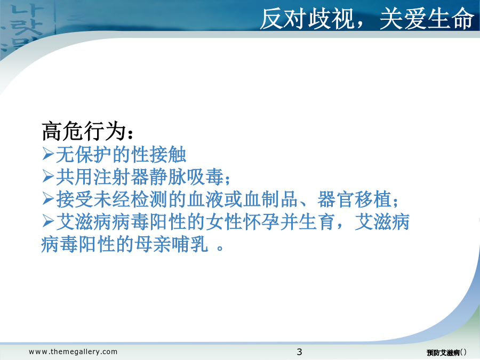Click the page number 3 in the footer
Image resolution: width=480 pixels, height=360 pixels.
299,352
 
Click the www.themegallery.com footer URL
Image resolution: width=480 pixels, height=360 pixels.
73,352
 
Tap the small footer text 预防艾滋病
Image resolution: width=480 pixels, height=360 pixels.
443,353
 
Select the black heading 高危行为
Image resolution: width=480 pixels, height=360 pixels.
84,131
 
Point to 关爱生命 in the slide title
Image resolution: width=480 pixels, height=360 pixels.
427,19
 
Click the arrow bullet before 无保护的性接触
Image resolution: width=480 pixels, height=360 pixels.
48,154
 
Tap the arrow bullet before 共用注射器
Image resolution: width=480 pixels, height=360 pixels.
48,177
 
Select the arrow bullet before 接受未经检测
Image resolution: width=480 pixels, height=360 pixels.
48,199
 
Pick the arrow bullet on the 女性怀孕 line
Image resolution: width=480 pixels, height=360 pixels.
48,221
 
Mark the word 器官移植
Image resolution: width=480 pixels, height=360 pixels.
355,199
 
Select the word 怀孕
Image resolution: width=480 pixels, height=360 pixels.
261,222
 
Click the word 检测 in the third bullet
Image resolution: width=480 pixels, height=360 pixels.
149,199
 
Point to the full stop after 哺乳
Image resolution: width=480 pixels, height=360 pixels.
220,247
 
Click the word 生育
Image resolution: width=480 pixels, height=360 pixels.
317,222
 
